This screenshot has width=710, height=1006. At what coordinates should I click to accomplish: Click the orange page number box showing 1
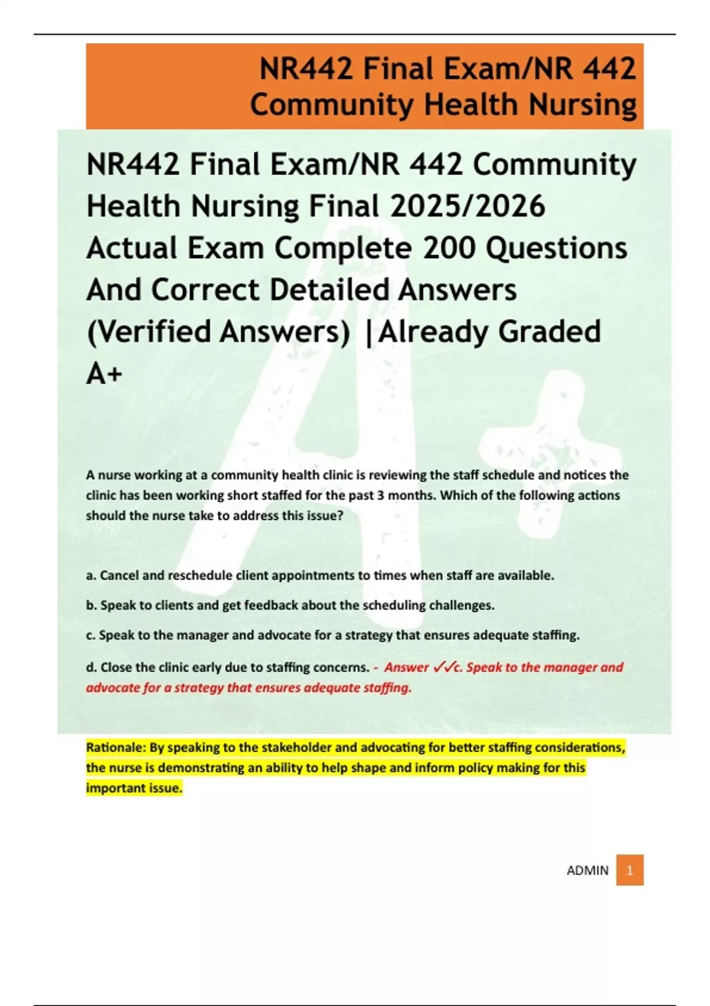pyautogui.click(x=630, y=870)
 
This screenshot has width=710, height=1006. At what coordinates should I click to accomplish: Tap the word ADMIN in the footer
pyautogui.click(x=587, y=870)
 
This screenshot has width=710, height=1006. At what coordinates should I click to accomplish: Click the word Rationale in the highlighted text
pyautogui.click(x=115, y=747)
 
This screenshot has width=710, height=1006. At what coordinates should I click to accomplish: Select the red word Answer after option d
pyautogui.click(x=406, y=668)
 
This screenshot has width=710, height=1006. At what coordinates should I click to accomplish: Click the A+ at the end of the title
pyautogui.click(x=104, y=373)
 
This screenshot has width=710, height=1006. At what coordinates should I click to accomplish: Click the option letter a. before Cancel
pyautogui.click(x=91, y=575)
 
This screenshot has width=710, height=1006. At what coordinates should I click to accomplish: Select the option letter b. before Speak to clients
pyautogui.click(x=91, y=605)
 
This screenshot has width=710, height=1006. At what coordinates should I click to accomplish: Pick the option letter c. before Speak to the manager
pyautogui.click(x=91, y=636)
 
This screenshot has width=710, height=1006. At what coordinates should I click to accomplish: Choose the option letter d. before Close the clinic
pyautogui.click(x=91, y=668)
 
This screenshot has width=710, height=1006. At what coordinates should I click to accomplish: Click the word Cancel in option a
pyautogui.click(x=120, y=575)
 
